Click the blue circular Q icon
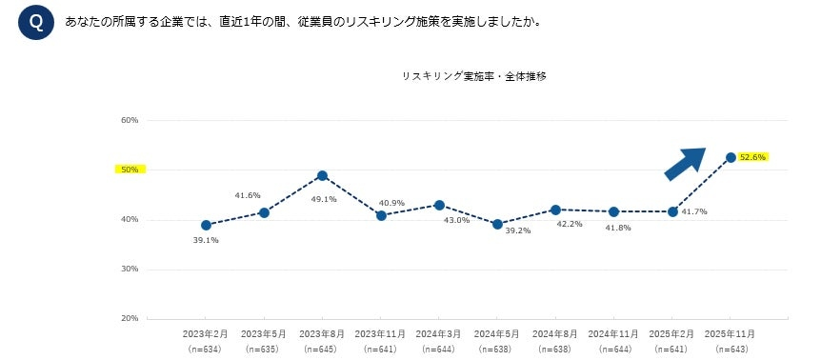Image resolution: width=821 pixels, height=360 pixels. (x=36, y=22)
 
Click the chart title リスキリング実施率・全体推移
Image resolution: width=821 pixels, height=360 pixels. (x=473, y=75)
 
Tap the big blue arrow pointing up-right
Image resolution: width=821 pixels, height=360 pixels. (x=685, y=163)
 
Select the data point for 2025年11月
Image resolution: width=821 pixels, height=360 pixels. (x=731, y=157)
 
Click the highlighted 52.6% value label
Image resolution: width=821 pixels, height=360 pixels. (x=753, y=157)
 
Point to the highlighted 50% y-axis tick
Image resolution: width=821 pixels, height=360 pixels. (x=129, y=170)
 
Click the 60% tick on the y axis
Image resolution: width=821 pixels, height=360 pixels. (x=130, y=120)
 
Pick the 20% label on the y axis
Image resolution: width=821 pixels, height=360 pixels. (x=130, y=318)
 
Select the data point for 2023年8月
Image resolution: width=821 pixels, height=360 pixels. (x=323, y=175)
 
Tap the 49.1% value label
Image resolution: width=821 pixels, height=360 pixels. (x=323, y=198)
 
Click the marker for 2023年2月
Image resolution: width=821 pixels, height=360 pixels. (x=206, y=226)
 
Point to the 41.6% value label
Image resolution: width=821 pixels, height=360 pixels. (x=248, y=195)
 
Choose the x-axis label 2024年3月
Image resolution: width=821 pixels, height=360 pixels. (x=438, y=335)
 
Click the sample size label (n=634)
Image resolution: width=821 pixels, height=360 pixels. (x=206, y=350)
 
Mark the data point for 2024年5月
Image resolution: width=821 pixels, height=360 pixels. (x=497, y=224)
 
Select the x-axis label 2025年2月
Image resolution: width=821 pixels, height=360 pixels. (x=671, y=335)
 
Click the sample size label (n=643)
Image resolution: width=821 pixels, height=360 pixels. (x=730, y=350)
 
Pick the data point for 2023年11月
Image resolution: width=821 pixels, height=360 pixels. (x=381, y=215)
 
